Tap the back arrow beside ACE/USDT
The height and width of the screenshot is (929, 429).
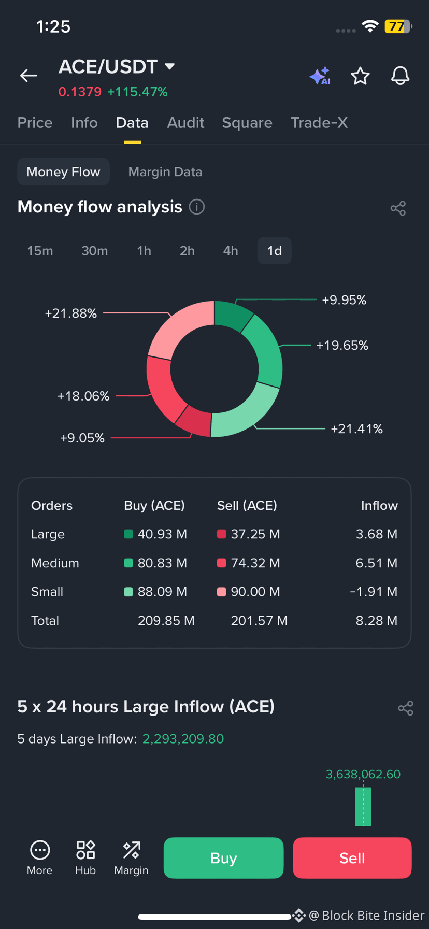(x=28, y=76)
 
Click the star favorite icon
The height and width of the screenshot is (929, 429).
(x=360, y=76)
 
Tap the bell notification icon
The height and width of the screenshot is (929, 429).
(x=400, y=76)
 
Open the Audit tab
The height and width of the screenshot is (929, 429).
(x=185, y=123)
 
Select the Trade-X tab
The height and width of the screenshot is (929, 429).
(x=319, y=123)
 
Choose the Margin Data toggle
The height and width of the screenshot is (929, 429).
(x=165, y=172)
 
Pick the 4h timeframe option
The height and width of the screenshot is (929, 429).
(x=231, y=251)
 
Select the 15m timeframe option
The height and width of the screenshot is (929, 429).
(x=40, y=251)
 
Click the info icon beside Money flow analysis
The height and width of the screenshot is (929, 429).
(x=197, y=207)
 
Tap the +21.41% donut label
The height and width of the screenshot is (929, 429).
(x=356, y=429)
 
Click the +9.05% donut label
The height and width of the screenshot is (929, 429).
(x=82, y=438)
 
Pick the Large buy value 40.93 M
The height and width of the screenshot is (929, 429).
(x=162, y=534)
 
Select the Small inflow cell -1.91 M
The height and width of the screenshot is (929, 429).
(x=374, y=592)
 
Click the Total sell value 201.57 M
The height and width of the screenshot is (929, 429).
(x=259, y=621)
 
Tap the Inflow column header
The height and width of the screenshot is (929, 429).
(x=379, y=506)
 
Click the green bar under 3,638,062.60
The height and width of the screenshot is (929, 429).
(x=363, y=806)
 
